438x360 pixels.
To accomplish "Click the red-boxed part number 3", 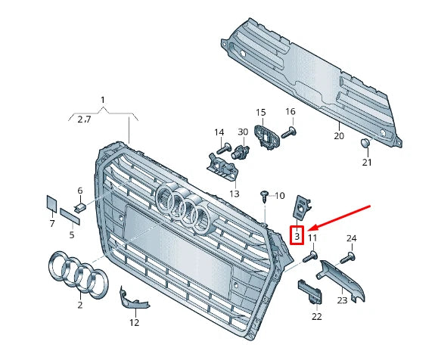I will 297,236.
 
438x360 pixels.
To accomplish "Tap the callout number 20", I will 338,136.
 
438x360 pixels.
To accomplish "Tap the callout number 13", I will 234,194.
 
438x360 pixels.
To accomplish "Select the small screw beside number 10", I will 264,195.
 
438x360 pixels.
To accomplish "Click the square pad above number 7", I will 51,202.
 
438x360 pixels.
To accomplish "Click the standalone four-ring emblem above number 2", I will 73,272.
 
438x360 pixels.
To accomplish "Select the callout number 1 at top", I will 104,100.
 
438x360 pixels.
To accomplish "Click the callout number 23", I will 341,299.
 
